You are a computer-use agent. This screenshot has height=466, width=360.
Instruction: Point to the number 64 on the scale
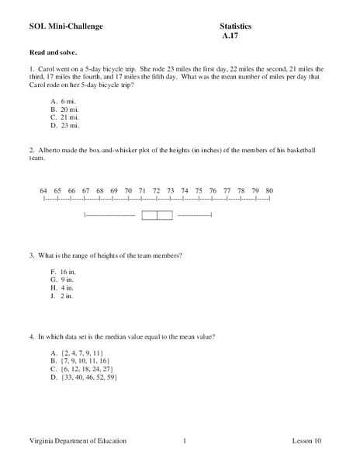(43, 190)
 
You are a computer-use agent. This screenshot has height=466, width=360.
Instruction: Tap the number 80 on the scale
(268, 190)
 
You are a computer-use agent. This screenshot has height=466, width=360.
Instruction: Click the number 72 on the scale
(156, 190)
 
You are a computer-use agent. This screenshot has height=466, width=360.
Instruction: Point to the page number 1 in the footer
(185, 441)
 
